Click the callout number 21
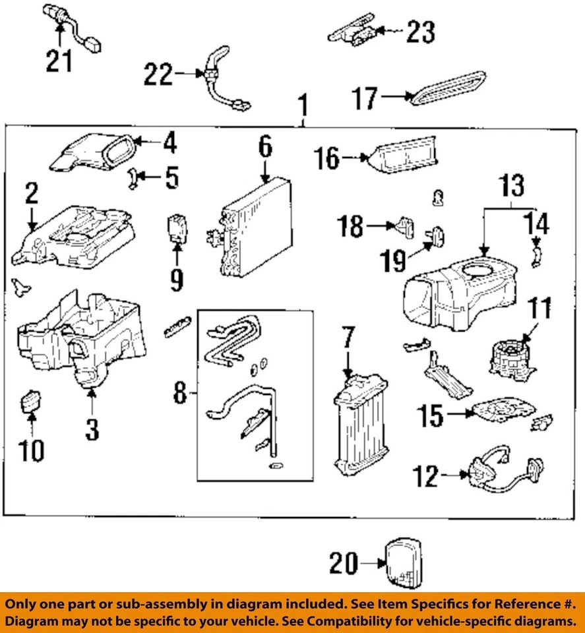click(60, 61)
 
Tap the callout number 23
click(420, 31)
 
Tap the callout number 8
click(179, 395)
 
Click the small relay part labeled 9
click(177, 226)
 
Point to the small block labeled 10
click(31, 400)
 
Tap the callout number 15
click(429, 415)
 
